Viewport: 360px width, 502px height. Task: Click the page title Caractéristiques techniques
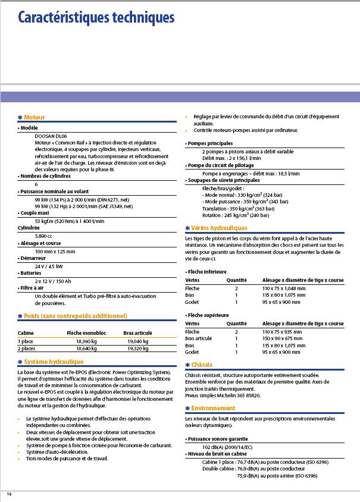[96, 18]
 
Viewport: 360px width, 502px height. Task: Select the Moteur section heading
[34, 117]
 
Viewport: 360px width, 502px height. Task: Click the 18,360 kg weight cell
[86, 341]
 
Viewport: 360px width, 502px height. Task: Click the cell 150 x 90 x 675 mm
[283, 338]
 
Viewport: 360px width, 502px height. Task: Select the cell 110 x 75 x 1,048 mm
[284, 287]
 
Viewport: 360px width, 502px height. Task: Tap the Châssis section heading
[201, 365]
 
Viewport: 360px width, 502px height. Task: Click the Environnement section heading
[213, 409]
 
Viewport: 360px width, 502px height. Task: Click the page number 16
[9, 494]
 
